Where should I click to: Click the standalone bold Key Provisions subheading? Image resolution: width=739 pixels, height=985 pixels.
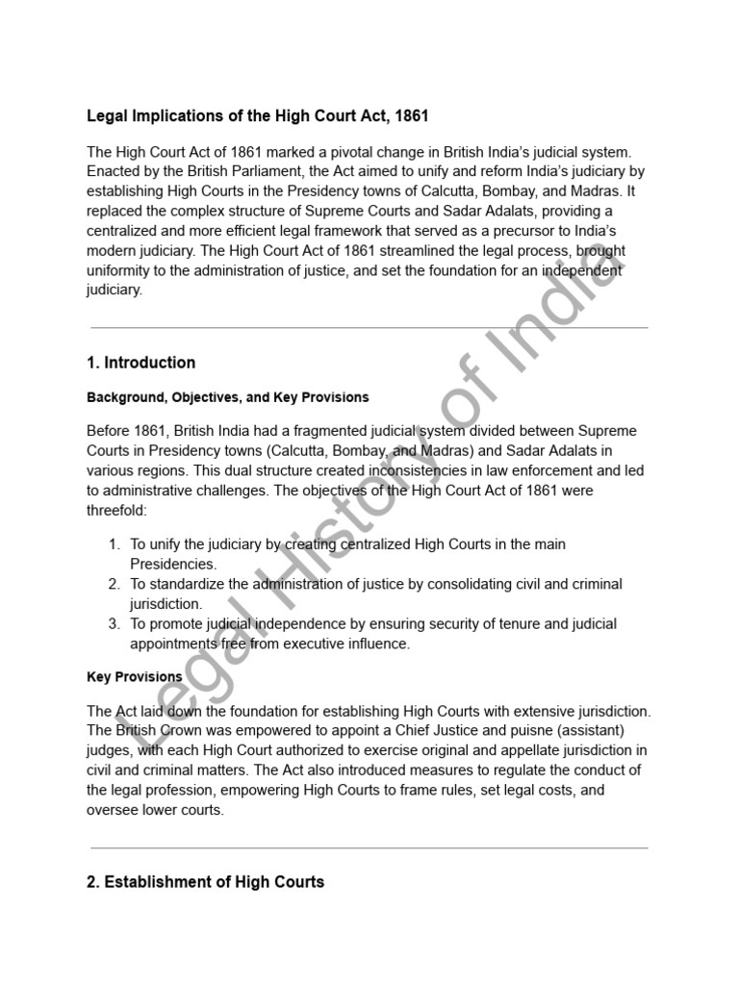point(134,677)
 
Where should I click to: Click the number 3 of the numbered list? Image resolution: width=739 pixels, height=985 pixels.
point(113,624)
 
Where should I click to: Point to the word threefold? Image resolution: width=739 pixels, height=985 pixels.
point(116,511)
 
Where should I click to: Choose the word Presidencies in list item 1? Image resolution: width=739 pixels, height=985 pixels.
point(173,564)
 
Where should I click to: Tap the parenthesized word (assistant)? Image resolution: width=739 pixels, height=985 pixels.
point(565,731)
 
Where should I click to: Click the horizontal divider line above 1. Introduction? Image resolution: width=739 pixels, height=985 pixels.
point(369,328)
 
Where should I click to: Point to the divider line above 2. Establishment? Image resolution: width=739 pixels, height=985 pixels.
point(369,847)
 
